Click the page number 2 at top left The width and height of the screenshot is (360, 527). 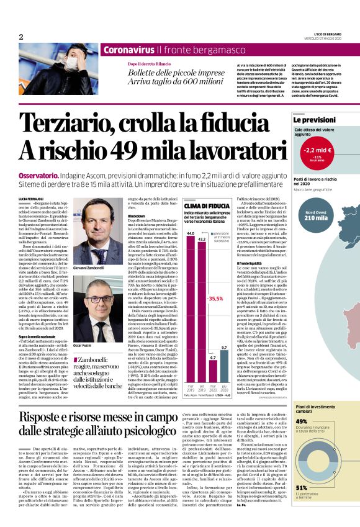pyautogui.click(x=22, y=37)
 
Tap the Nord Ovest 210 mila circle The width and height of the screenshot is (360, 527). pyautogui.click(x=316, y=215)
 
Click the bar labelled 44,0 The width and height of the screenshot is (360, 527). pyautogui.click(x=191, y=286)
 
